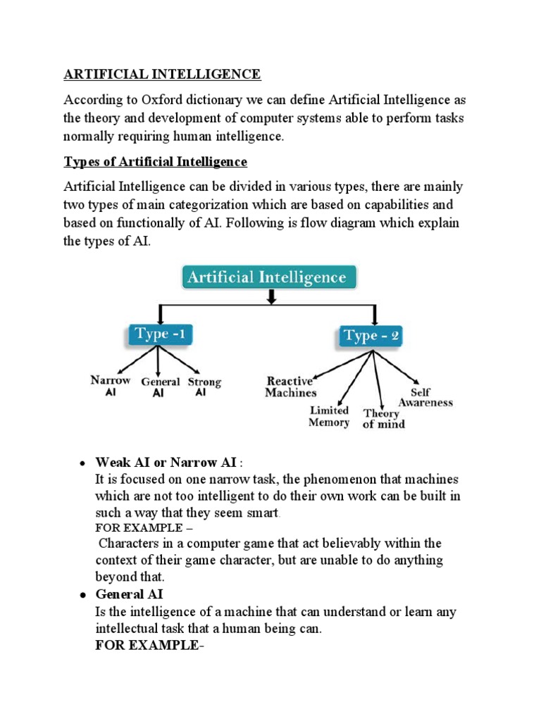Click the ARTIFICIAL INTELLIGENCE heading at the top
pos(162,74)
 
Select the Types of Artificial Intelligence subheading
pos(156,162)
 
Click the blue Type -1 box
pos(161,334)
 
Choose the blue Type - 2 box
pos(372,336)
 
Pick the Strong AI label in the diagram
pos(204,387)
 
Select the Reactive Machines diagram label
pos(290,387)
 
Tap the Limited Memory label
pos(329,416)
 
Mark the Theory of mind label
pos(383,419)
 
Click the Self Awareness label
pos(425,397)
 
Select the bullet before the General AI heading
pos(82,595)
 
